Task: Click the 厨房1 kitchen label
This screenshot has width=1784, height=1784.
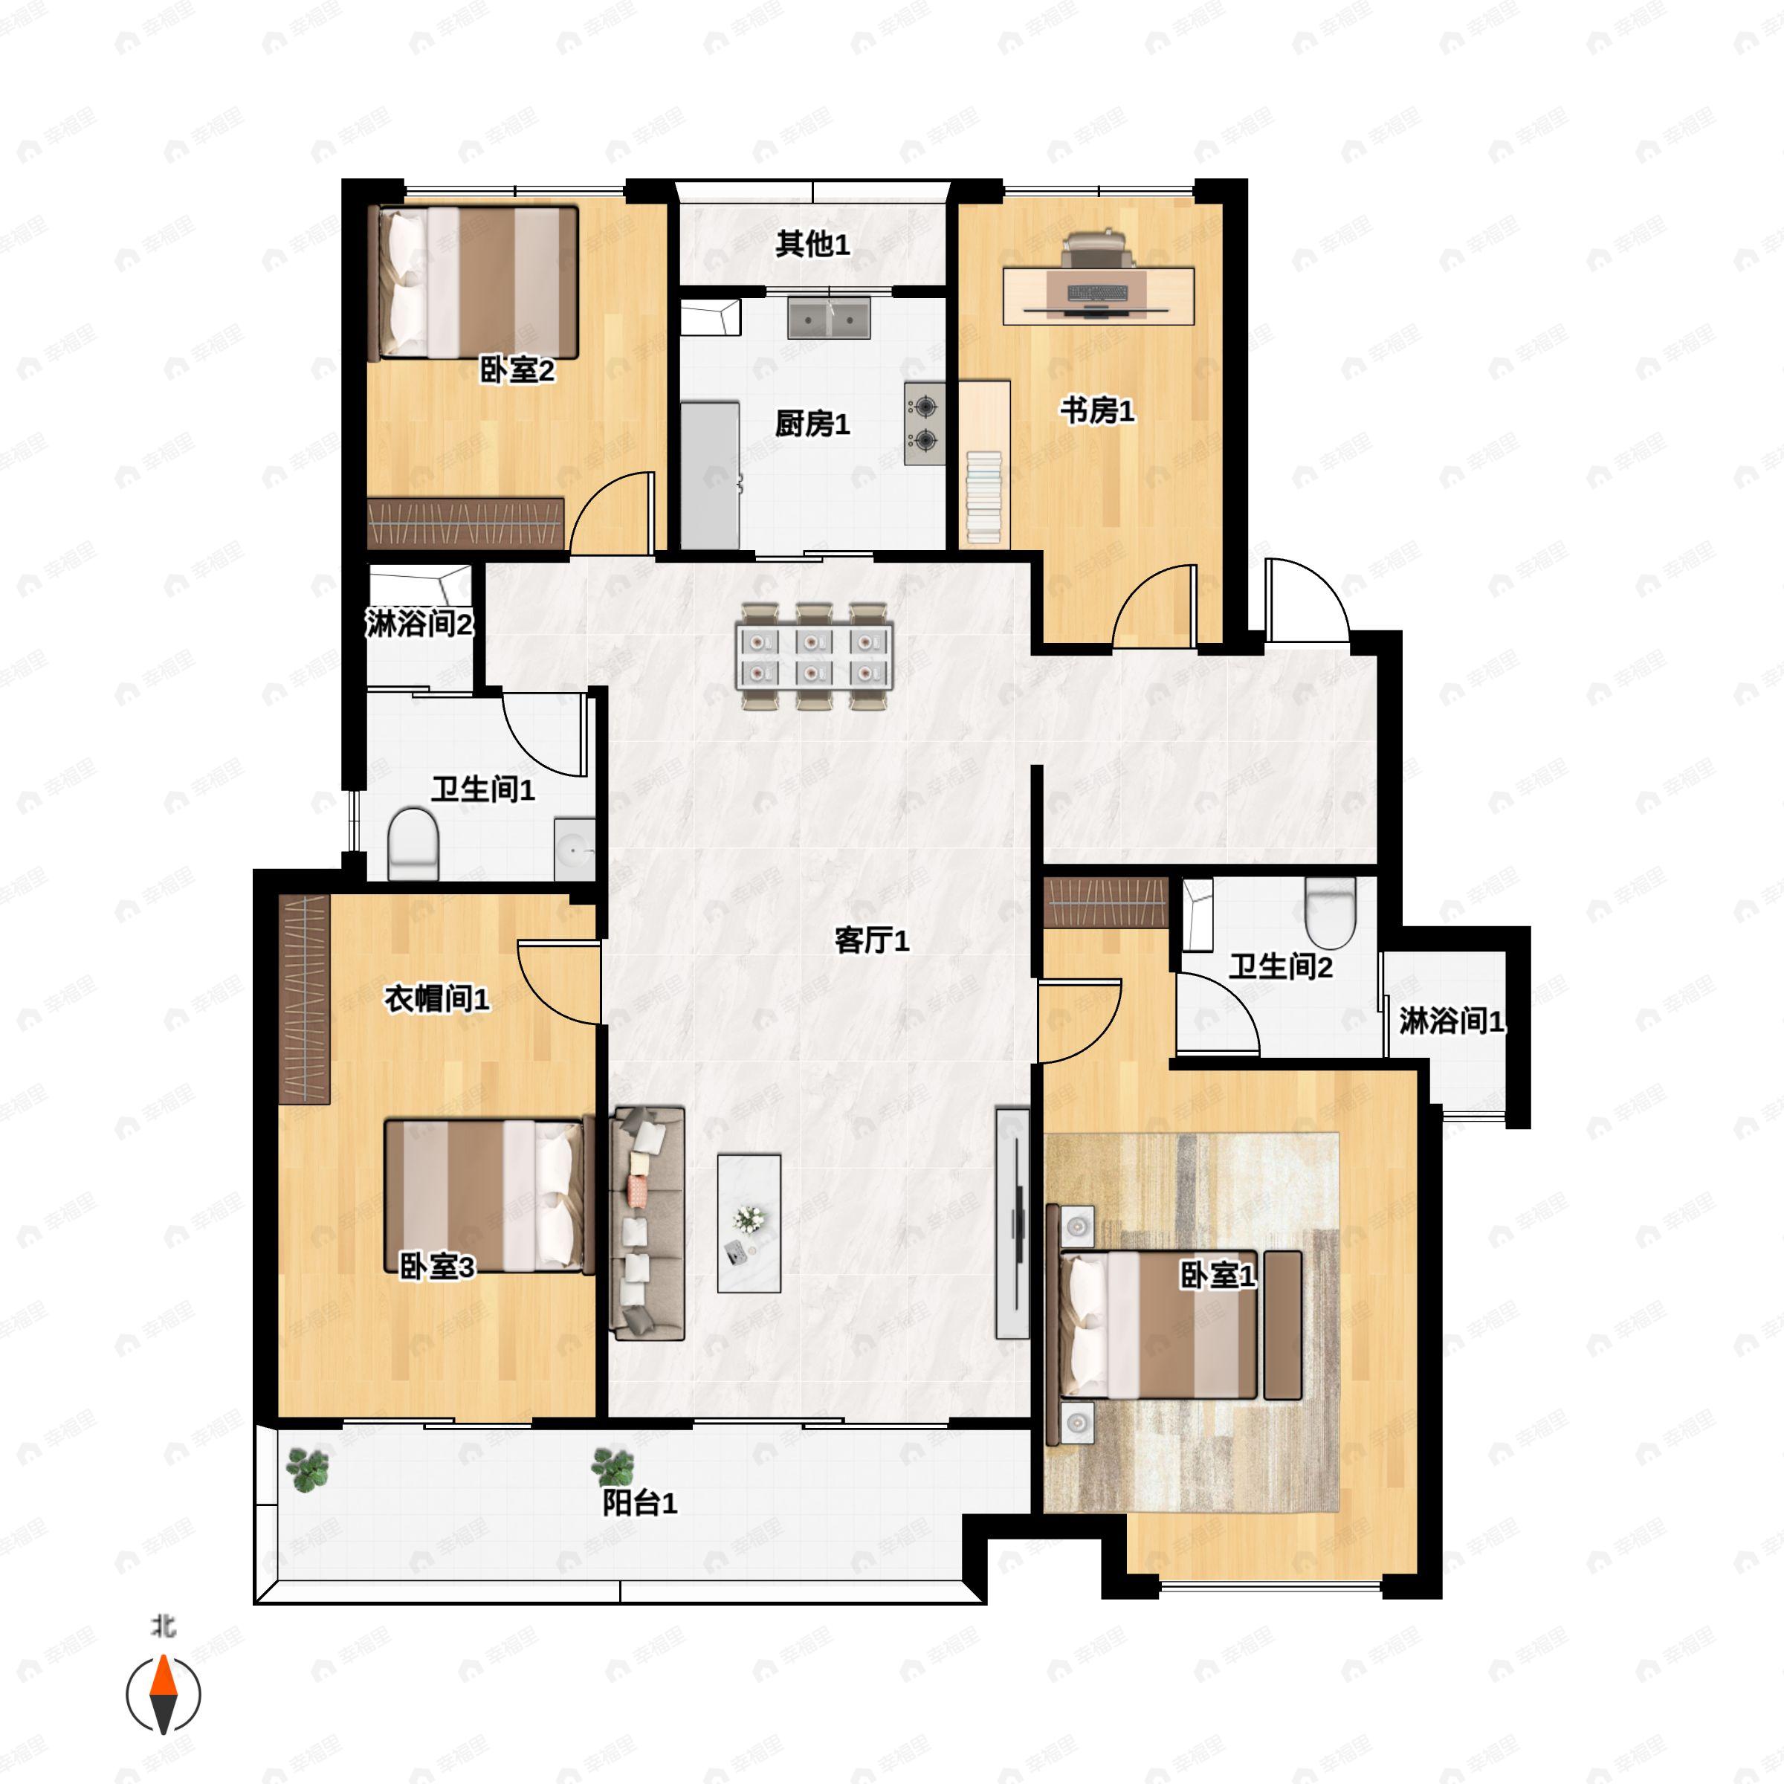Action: tap(812, 424)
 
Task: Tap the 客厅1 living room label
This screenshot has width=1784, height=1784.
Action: tap(872, 940)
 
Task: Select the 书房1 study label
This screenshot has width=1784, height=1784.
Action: tap(1097, 410)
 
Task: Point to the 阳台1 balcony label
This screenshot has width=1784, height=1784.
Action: tap(640, 1502)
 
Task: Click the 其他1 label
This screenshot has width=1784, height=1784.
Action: tap(812, 244)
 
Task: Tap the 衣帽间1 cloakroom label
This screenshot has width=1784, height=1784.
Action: tap(437, 998)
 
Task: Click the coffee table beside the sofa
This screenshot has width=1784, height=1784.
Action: tap(749, 1223)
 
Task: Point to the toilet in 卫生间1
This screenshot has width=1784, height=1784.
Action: tap(412, 843)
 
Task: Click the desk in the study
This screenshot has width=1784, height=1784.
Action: tap(1099, 296)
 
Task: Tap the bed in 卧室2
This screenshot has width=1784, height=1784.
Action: tap(473, 282)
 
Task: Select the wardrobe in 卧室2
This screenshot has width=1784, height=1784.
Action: tap(465, 523)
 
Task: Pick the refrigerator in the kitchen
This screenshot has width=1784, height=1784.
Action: tap(710, 475)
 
